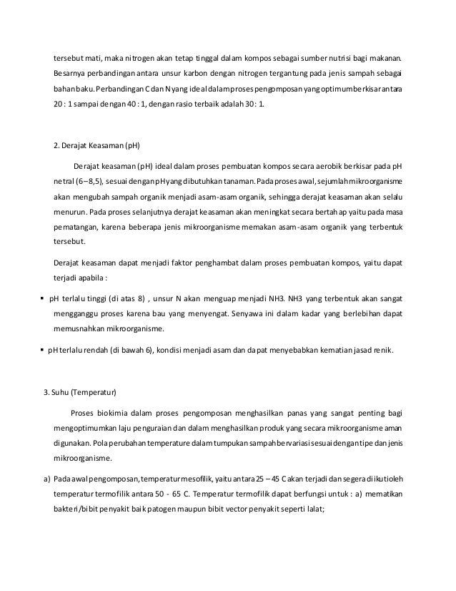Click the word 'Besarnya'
pyautogui.click(x=70, y=74)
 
